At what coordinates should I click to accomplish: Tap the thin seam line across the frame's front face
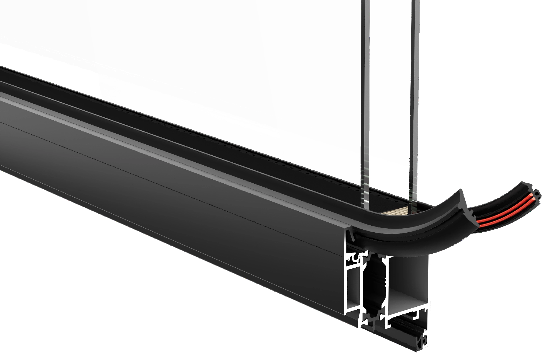(x=162, y=188)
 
